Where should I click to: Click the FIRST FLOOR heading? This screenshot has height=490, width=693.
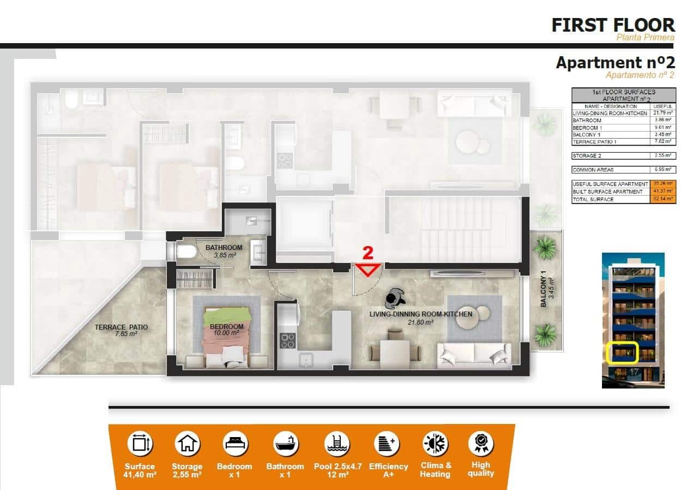click(613, 25)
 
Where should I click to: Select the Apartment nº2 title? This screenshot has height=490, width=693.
click(615, 63)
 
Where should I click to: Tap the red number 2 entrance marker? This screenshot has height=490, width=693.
click(369, 253)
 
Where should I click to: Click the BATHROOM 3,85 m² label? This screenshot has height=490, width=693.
click(224, 251)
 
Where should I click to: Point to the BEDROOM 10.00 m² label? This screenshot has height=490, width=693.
click(226, 330)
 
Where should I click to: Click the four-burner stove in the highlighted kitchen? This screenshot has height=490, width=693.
click(287, 341)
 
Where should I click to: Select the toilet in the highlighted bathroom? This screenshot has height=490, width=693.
click(185, 252)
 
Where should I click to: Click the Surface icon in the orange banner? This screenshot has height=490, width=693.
click(140, 444)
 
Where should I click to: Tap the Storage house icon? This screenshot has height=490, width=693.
click(187, 444)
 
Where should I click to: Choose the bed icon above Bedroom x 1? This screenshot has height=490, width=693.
click(236, 444)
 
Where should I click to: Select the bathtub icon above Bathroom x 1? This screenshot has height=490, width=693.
click(285, 444)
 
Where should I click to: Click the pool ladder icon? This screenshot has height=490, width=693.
click(336, 444)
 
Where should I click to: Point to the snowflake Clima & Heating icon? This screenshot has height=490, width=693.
click(435, 444)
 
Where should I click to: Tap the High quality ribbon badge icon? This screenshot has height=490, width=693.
click(481, 444)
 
